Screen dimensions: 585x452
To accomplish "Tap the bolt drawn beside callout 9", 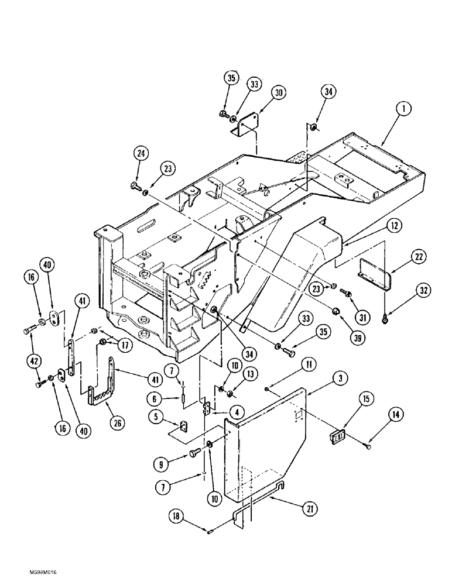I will tap(195, 451).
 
